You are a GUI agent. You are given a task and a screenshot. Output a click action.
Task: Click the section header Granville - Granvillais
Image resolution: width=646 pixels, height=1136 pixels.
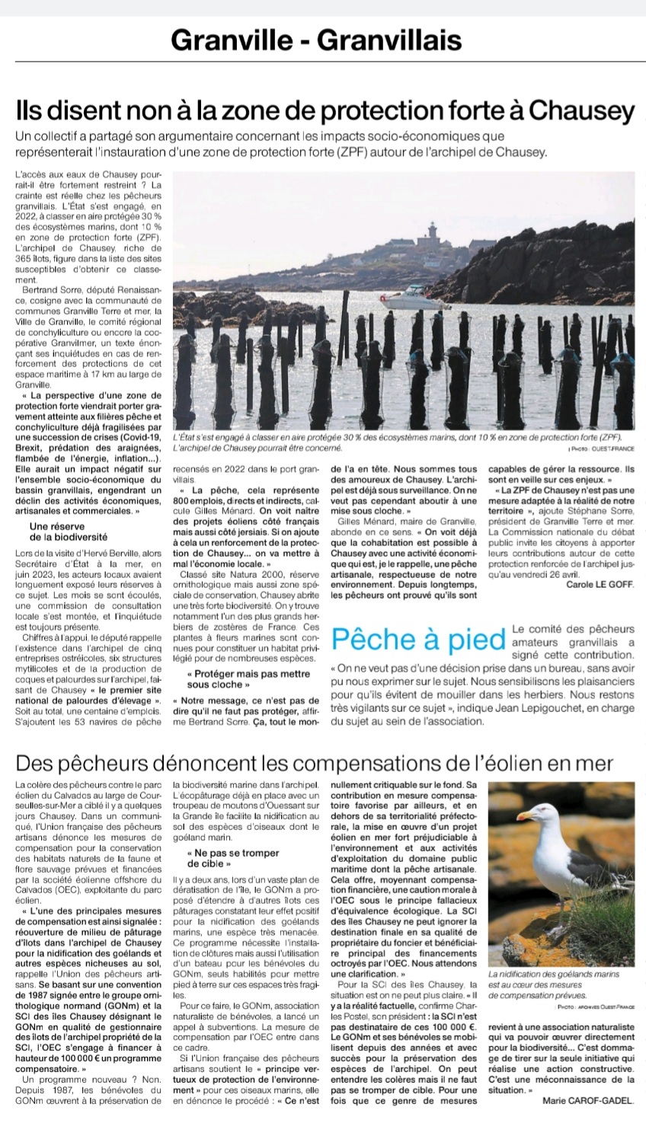tap(316, 39)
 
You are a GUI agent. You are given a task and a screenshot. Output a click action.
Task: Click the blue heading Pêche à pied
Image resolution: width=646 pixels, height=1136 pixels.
tap(419, 640)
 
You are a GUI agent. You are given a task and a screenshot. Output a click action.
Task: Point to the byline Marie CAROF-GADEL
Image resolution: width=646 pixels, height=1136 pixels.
tap(588, 1100)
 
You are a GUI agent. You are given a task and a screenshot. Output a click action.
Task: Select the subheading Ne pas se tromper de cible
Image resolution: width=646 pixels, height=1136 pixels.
tap(222, 859)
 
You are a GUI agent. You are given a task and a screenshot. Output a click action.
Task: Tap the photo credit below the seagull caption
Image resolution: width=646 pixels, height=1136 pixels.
tap(596, 1007)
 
